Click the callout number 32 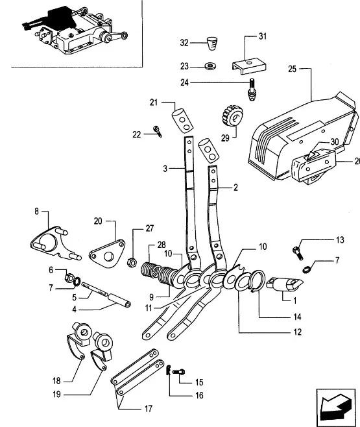click(x=184, y=43)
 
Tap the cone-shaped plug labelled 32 click(x=212, y=43)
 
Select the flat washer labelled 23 click(x=210, y=66)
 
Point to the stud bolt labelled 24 click(x=252, y=90)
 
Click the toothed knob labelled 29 click(x=233, y=116)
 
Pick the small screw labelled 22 click(x=158, y=131)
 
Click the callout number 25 click(x=292, y=69)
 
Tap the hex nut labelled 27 click(x=132, y=262)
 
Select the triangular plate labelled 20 click(x=107, y=254)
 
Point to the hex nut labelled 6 click(x=69, y=278)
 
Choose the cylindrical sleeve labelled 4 click(x=119, y=300)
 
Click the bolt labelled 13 click(x=298, y=253)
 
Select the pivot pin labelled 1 click(x=284, y=284)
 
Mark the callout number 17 click(x=149, y=409)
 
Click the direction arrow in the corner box click(x=335, y=404)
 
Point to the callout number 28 click(x=162, y=245)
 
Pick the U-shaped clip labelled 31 click(x=249, y=66)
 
